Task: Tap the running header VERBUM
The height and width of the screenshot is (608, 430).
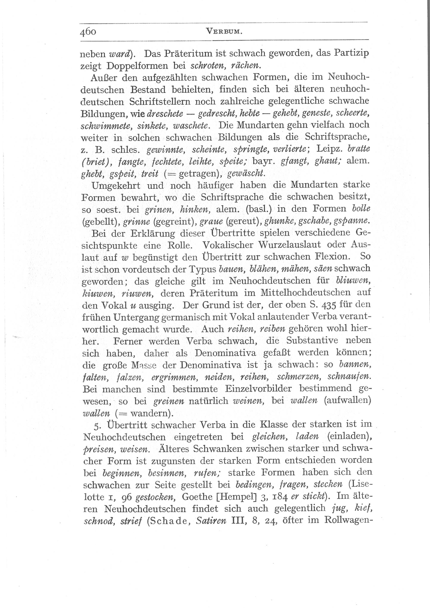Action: click(224, 32)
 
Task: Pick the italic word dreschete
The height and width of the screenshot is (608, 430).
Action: click(165, 114)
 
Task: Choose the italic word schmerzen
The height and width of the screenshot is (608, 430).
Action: click(298, 377)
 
